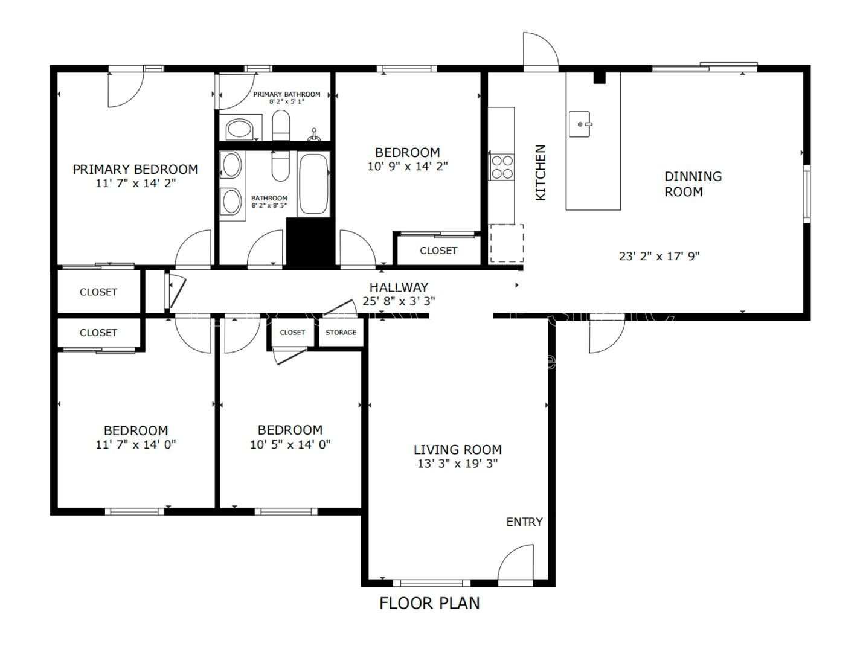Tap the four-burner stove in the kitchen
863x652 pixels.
tap(501, 167)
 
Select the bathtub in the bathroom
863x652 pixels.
tap(314, 185)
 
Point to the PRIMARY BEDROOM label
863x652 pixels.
tap(135, 170)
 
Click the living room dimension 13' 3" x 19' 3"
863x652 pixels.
tap(457, 464)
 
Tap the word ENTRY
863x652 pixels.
tap(524, 522)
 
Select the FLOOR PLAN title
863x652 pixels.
tap(429, 602)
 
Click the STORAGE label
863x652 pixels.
tap(341, 333)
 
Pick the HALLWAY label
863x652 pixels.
tap(399, 287)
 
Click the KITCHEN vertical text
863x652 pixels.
tap(541, 172)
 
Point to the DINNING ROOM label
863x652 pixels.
tap(693, 184)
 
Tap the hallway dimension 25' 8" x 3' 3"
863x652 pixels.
tap(399, 301)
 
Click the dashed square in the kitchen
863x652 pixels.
tap(506, 243)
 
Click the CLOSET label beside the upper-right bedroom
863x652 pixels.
tap(438, 251)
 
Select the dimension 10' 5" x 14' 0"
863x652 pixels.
tap(290, 445)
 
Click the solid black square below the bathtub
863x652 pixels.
tap(310, 242)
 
